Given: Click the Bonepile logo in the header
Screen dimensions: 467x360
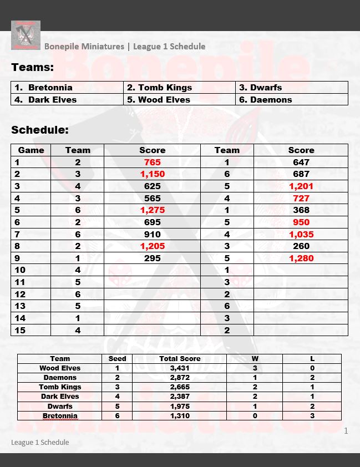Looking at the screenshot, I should [x=26, y=35].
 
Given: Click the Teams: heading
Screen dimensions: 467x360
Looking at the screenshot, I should [x=33, y=68].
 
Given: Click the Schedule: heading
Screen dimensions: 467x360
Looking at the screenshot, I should [x=40, y=130].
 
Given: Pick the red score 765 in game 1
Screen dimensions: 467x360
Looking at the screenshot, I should [x=152, y=163].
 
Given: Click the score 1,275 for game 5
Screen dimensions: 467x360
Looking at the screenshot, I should [x=152, y=210].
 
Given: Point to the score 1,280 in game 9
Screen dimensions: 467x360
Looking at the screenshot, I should [x=301, y=258].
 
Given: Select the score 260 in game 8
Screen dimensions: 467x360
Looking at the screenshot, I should [x=301, y=246].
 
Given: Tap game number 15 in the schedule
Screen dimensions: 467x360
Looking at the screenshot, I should [x=20, y=330].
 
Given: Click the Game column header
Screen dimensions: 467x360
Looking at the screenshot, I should [x=31, y=150].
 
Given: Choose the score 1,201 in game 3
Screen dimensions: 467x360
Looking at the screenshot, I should [x=301, y=186].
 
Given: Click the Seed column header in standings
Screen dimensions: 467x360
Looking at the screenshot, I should [x=117, y=359].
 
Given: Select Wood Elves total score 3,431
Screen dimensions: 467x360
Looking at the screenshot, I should [x=180, y=368].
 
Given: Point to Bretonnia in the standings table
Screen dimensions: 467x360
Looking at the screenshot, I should [x=60, y=416].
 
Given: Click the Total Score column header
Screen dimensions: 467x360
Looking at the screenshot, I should [x=180, y=359].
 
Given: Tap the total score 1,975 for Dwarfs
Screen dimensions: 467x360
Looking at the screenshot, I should [x=180, y=406].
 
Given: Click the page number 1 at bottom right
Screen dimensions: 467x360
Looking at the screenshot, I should [x=346, y=431].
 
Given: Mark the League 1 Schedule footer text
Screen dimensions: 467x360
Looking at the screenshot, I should [x=40, y=442].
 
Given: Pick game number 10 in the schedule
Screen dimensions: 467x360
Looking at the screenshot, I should [x=20, y=270].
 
